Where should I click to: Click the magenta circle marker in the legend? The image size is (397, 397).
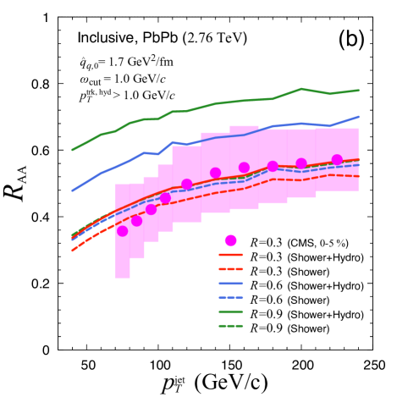pos(231,241)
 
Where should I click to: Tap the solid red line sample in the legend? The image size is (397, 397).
pos(231,256)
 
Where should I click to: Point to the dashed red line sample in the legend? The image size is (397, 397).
pos(231,270)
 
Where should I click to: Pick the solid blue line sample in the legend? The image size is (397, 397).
pos(231,284)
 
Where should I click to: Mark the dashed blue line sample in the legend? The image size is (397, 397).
pos(231,299)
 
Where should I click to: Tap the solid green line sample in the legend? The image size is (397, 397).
pos(231,313)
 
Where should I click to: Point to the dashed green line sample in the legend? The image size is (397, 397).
pos(231,327)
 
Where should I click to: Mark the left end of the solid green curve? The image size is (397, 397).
pos(72,150)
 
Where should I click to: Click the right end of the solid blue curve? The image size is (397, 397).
pos(359,117)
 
